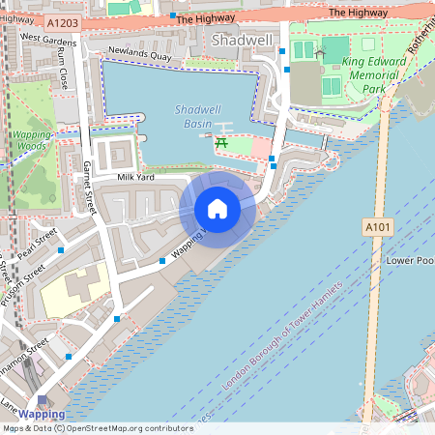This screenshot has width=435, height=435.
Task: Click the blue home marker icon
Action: pyautogui.click(x=217, y=209)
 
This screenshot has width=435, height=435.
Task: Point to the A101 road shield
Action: pyautogui.click(x=378, y=226)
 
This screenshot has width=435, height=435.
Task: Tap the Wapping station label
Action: pyautogui.click(x=42, y=415)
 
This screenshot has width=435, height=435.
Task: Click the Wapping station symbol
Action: pyautogui.click(x=42, y=401)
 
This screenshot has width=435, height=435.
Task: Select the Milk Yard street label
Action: pyautogui.click(x=134, y=178)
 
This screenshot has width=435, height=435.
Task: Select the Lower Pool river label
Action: pyautogui.click(x=410, y=261)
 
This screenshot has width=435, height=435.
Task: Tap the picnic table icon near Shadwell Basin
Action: pyautogui.click(x=221, y=144)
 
